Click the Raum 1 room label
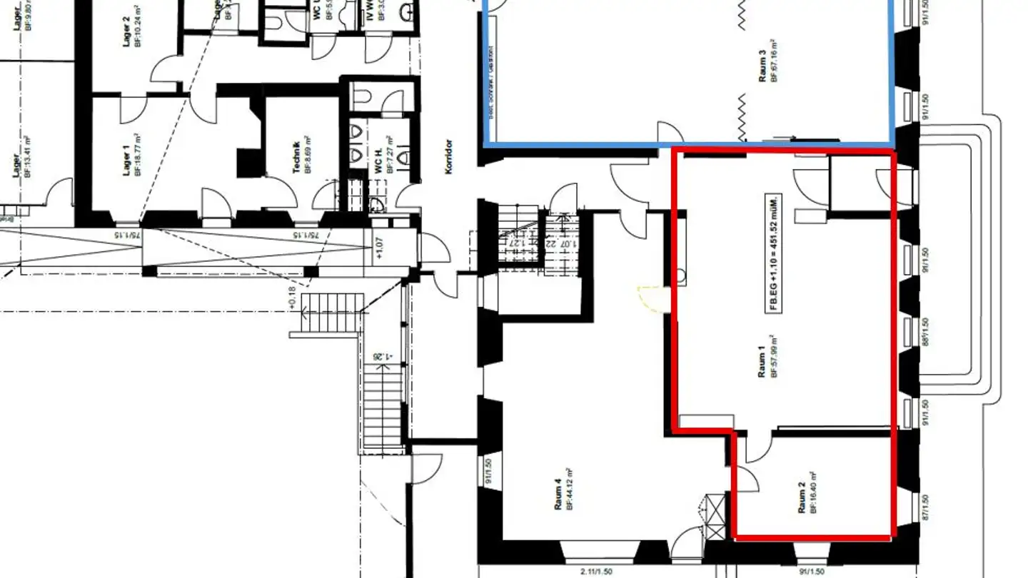pyautogui.click(x=762, y=363)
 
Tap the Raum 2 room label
pyautogui.click(x=802, y=498)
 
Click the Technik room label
pyautogui.click(x=297, y=153)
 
